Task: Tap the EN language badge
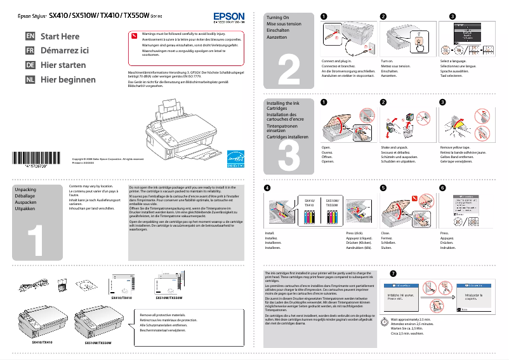(30, 36)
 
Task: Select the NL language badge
(30, 79)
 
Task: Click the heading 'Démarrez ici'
(65, 51)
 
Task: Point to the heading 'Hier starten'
(63, 65)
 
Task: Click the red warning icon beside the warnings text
(133, 36)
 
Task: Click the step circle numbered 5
(383, 188)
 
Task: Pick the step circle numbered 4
(267, 188)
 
